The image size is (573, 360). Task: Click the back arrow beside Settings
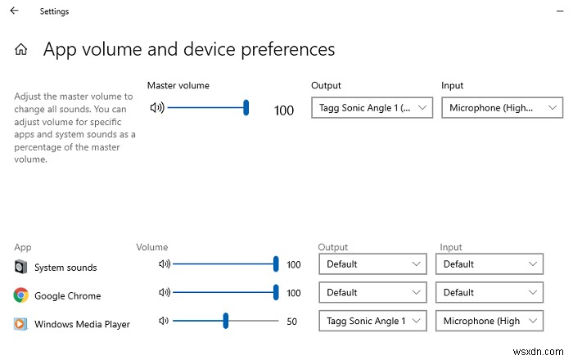(x=14, y=11)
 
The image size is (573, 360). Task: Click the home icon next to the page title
(x=21, y=50)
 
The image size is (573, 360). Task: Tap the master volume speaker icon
(x=157, y=107)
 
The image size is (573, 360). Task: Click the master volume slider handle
(x=246, y=107)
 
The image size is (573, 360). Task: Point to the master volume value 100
(x=284, y=110)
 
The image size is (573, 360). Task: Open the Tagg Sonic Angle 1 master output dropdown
(x=372, y=107)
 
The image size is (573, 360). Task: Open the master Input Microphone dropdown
(x=502, y=107)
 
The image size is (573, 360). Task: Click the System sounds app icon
(x=20, y=267)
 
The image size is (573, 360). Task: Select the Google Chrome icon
(x=20, y=295)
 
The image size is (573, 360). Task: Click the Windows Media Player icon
(x=20, y=324)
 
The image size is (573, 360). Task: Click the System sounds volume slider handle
(x=276, y=264)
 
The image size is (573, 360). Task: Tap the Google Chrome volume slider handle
(x=276, y=292)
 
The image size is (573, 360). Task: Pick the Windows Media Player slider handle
(x=225, y=321)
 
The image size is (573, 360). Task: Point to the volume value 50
(x=291, y=322)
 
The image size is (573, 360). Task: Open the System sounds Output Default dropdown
(x=373, y=264)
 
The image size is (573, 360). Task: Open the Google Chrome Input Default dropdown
(x=490, y=292)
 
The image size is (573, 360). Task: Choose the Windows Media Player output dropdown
(x=373, y=321)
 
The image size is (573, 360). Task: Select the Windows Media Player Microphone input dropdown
(x=490, y=321)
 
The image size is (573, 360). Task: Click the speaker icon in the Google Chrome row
(x=164, y=292)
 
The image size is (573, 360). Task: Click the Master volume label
(x=178, y=85)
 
